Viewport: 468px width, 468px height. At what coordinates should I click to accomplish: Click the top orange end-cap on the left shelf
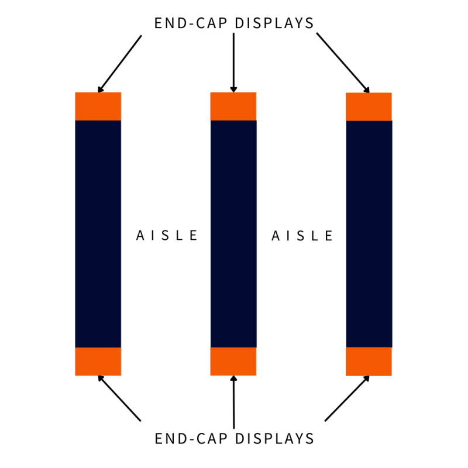[98, 106]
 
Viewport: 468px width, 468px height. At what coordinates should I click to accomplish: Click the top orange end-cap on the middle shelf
[233, 106]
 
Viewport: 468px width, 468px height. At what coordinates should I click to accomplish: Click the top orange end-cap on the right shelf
[369, 106]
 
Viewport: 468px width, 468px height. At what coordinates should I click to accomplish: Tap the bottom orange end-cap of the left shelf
[98, 361]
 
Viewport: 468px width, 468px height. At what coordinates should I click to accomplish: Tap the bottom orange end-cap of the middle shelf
[233, 361]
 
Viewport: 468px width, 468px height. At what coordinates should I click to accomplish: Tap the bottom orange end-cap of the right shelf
[369, 362]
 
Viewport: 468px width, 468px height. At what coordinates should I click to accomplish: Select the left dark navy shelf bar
[98, 234]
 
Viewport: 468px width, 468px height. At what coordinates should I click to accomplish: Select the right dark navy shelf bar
[369, 234]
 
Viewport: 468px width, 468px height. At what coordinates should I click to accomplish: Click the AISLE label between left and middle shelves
[167, 236]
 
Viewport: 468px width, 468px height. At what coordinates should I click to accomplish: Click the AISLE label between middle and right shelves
[302, 236]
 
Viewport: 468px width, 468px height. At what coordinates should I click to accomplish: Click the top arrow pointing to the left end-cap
[119, 64]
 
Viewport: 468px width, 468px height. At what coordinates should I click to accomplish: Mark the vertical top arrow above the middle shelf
[233, 61]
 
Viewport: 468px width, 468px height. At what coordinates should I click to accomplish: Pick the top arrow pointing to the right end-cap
[343, 63]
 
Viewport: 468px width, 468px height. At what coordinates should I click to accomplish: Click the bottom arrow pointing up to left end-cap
[119, 398]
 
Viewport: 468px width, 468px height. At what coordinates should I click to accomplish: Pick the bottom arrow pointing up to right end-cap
[347, 398]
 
